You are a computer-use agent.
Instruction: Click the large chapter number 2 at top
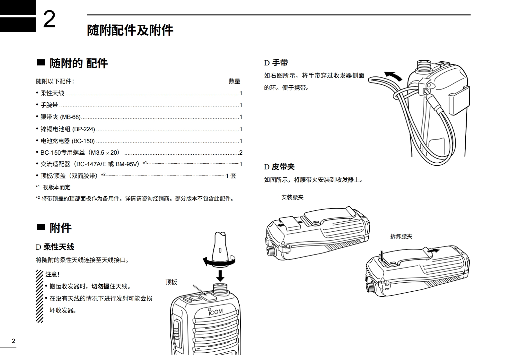tap(49, 20)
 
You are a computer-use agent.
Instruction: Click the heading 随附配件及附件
tap(130, 30)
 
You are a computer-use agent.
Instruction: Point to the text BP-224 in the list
tap(84, 129)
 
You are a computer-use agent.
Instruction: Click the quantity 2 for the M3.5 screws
tap(241, 153)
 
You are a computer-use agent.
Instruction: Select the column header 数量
tap(234, 81)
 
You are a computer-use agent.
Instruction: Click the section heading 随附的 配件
tap(78, 64)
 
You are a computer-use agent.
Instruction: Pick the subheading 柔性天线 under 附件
tap(58, 247)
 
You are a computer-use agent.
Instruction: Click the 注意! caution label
tap(52, 274)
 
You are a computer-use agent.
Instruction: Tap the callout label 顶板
tap(171, 282)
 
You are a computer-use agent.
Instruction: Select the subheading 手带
tap(280, 63)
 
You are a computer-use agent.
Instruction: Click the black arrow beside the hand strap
tap(393, 76)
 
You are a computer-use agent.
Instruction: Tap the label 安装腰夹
tap(292, 197)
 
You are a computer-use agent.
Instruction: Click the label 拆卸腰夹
tap(401, 236)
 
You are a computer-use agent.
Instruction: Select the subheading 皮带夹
tap(283, 167)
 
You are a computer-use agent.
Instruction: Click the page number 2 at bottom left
tap(13, 341)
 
